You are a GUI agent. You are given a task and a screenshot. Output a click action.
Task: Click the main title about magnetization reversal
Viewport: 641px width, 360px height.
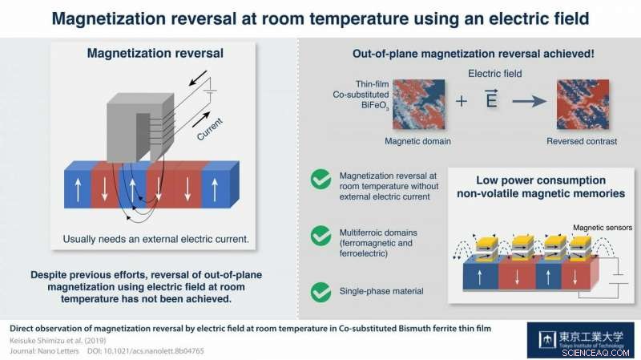[x=320, y=17]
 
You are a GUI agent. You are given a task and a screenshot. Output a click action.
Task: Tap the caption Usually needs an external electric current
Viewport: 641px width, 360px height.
[x=154, y=239]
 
